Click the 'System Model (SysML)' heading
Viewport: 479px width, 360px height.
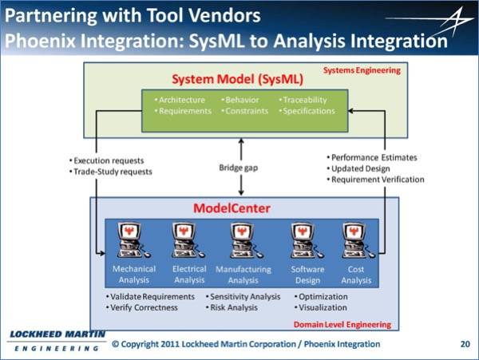[x=237, y=79]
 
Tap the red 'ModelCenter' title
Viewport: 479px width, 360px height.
[x=232, y=208]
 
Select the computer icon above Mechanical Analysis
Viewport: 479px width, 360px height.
[x=133, y=240]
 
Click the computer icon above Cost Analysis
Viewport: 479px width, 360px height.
[x=358, y=240]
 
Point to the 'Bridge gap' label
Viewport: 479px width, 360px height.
[x=238, y=168]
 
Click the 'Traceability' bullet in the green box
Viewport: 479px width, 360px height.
[x=303, y=100]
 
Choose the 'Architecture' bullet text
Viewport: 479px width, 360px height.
[x=180, y=100]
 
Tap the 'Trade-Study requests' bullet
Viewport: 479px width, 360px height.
[x=111, y=172]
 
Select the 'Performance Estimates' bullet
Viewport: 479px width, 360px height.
[x=372, y=157]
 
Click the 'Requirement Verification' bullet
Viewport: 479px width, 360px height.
[x=375, y=180]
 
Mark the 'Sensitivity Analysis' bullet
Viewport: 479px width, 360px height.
[x=243, y=296]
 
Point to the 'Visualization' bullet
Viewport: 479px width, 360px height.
[x=320, y=307]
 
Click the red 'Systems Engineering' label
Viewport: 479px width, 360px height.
[x=362, y=70]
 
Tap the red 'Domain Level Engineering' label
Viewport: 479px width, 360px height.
[x=342, y=324]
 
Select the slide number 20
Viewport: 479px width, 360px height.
[x=465, y=344]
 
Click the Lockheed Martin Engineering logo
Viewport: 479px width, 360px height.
[x=57, y=341]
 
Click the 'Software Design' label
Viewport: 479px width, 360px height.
[x=307, y=275]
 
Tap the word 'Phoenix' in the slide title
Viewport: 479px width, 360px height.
[x=40, y=41]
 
